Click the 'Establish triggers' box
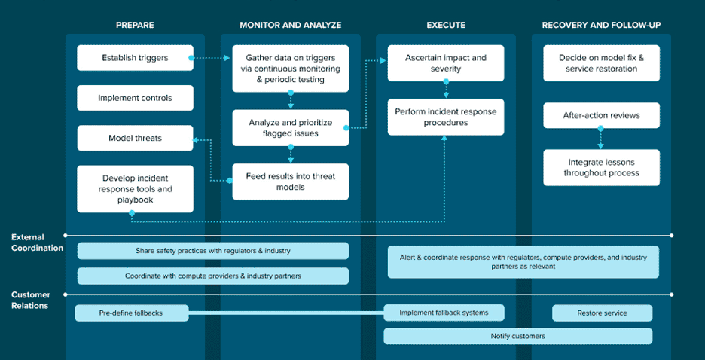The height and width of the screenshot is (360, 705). (x=135, y=57)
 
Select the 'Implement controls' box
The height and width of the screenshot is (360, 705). (x=135, y=98)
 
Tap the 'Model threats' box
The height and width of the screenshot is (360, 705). (x=135, y=138)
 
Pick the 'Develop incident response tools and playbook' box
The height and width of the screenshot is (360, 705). (x=135, y=189)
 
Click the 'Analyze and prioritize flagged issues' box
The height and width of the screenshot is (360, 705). (x=291, y=127)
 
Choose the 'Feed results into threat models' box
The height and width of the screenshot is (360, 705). (x=291, y=182)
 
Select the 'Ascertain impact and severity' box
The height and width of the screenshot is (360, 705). (x=446, y=63)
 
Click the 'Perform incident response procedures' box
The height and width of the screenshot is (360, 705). (x=446, y=117)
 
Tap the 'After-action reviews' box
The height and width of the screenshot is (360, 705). (x=602, y=115)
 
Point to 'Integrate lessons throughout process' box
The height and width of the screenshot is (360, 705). (x=602, y=168)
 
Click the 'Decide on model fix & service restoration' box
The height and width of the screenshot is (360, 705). (x=602, y=63)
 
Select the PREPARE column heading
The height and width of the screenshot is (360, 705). (x=135, y=25)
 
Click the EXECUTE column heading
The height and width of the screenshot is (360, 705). (x=446, y=25)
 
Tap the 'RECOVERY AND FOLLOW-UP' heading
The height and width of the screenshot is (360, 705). (x=602, y=25)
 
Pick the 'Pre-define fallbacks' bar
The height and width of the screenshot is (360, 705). (x=131, y=313)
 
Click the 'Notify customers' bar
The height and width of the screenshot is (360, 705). (x=518, y=336)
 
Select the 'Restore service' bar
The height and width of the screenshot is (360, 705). (x=602, y=313)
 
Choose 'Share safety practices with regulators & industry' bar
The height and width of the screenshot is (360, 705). (x=213, y=251)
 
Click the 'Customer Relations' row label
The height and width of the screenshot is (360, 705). (x=31, y=301)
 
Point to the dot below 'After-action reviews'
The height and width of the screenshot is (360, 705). (x=600, y=129)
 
